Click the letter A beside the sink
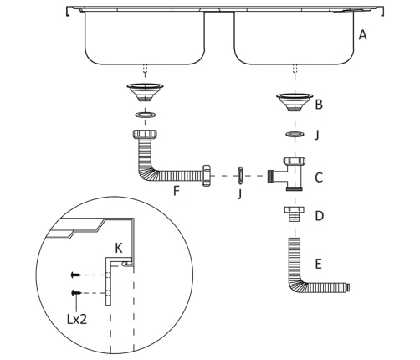pyautogui.click(x=362, y=35)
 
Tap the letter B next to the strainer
pyautogui.click(x=319, y=105)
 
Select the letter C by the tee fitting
pyautogui.click(x=319, y=177)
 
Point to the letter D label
pyautogui.click(x=319, y=216)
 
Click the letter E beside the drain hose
pyautogui.click(x=318, y=264)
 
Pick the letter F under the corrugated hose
pyautogui.click(x=176, y=191)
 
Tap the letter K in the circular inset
pyautogui.click(x=119, y=248)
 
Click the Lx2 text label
pyautogui.click(x=77, y=319)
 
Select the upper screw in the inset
pyautogui.click(x=76, y=275)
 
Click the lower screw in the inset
pyautogui.click(x=76, y=293)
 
